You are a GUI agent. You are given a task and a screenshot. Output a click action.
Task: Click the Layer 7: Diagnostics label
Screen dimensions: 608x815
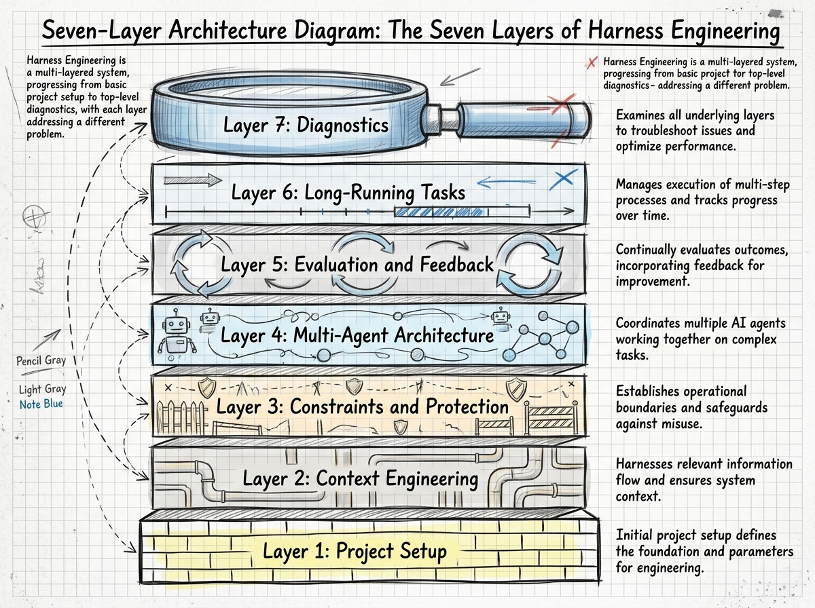[306, 126]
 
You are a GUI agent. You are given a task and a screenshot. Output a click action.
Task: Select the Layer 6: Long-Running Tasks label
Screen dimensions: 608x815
[348, 193]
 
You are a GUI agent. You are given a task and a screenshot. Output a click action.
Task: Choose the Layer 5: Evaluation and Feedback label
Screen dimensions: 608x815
[357, 264]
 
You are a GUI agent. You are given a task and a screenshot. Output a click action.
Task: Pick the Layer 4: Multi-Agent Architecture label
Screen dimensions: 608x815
[357, 335]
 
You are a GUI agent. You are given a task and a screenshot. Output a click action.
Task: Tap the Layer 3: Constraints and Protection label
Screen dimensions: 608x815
[362, 406]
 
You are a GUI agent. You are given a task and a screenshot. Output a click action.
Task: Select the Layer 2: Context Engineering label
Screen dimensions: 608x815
[361, 479]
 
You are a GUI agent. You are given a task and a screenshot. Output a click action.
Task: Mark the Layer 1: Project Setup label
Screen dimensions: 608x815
[355, 551]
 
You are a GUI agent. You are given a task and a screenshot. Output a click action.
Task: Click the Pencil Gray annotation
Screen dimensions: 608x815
[41, 360]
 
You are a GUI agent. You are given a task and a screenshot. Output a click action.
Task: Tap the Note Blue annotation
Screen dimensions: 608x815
[41, 405]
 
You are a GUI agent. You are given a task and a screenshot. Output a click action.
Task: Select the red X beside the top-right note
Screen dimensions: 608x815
[592, 63]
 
